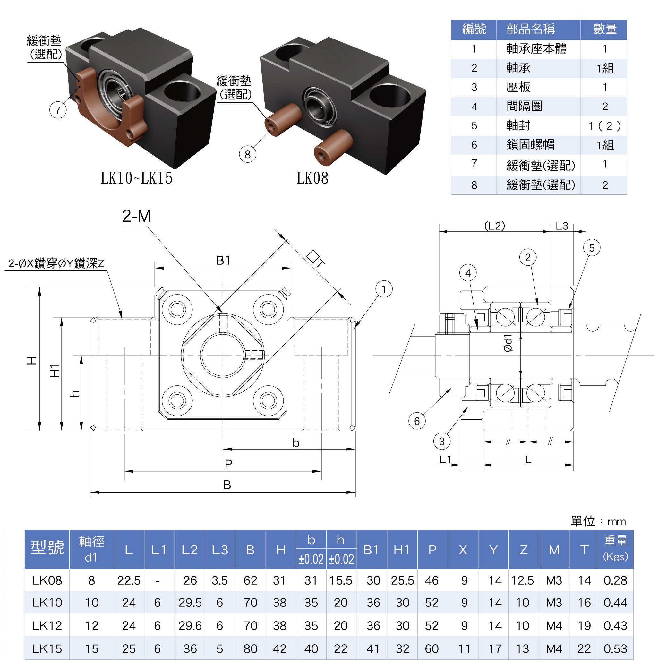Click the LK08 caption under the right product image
coord(312,178)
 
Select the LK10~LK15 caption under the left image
coord(136,178)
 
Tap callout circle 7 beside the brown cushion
coord(58,110)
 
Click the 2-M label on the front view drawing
coord(136,216)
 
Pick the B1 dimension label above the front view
coord(223,260)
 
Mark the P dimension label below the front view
coord(228,464)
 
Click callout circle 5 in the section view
coord(592,248)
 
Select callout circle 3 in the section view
coord(442,441)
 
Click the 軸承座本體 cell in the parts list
coord(536,49)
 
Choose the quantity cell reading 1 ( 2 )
coord(605,126)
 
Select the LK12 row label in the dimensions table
coord(47,625)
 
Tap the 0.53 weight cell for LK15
coord(615,648)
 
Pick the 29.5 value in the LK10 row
coord(190,603)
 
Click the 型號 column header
coord(47,547)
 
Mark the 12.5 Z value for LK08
coord(523,580)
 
